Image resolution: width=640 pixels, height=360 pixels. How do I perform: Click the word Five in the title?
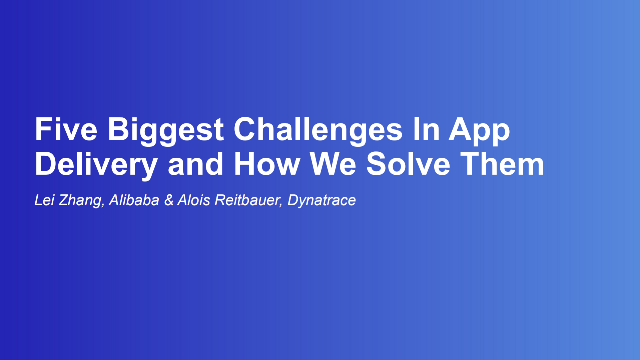tap(66, 129)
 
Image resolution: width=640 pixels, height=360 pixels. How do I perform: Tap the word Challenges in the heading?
tap(318, 130)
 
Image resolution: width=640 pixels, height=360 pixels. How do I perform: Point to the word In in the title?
tap(426, 129)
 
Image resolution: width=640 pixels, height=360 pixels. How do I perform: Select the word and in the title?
tap(195, 164)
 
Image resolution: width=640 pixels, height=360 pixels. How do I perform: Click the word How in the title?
tap(267, 164)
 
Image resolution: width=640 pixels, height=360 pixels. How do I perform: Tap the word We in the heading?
tap(333, 164)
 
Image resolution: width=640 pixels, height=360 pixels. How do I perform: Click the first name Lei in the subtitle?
tap(44, 200)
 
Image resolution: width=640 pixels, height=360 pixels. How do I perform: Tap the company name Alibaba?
tap(134, 200)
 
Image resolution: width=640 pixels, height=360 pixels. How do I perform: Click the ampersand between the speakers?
tap(169, 200)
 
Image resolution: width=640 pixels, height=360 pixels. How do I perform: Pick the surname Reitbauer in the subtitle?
tap(246, 200)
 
